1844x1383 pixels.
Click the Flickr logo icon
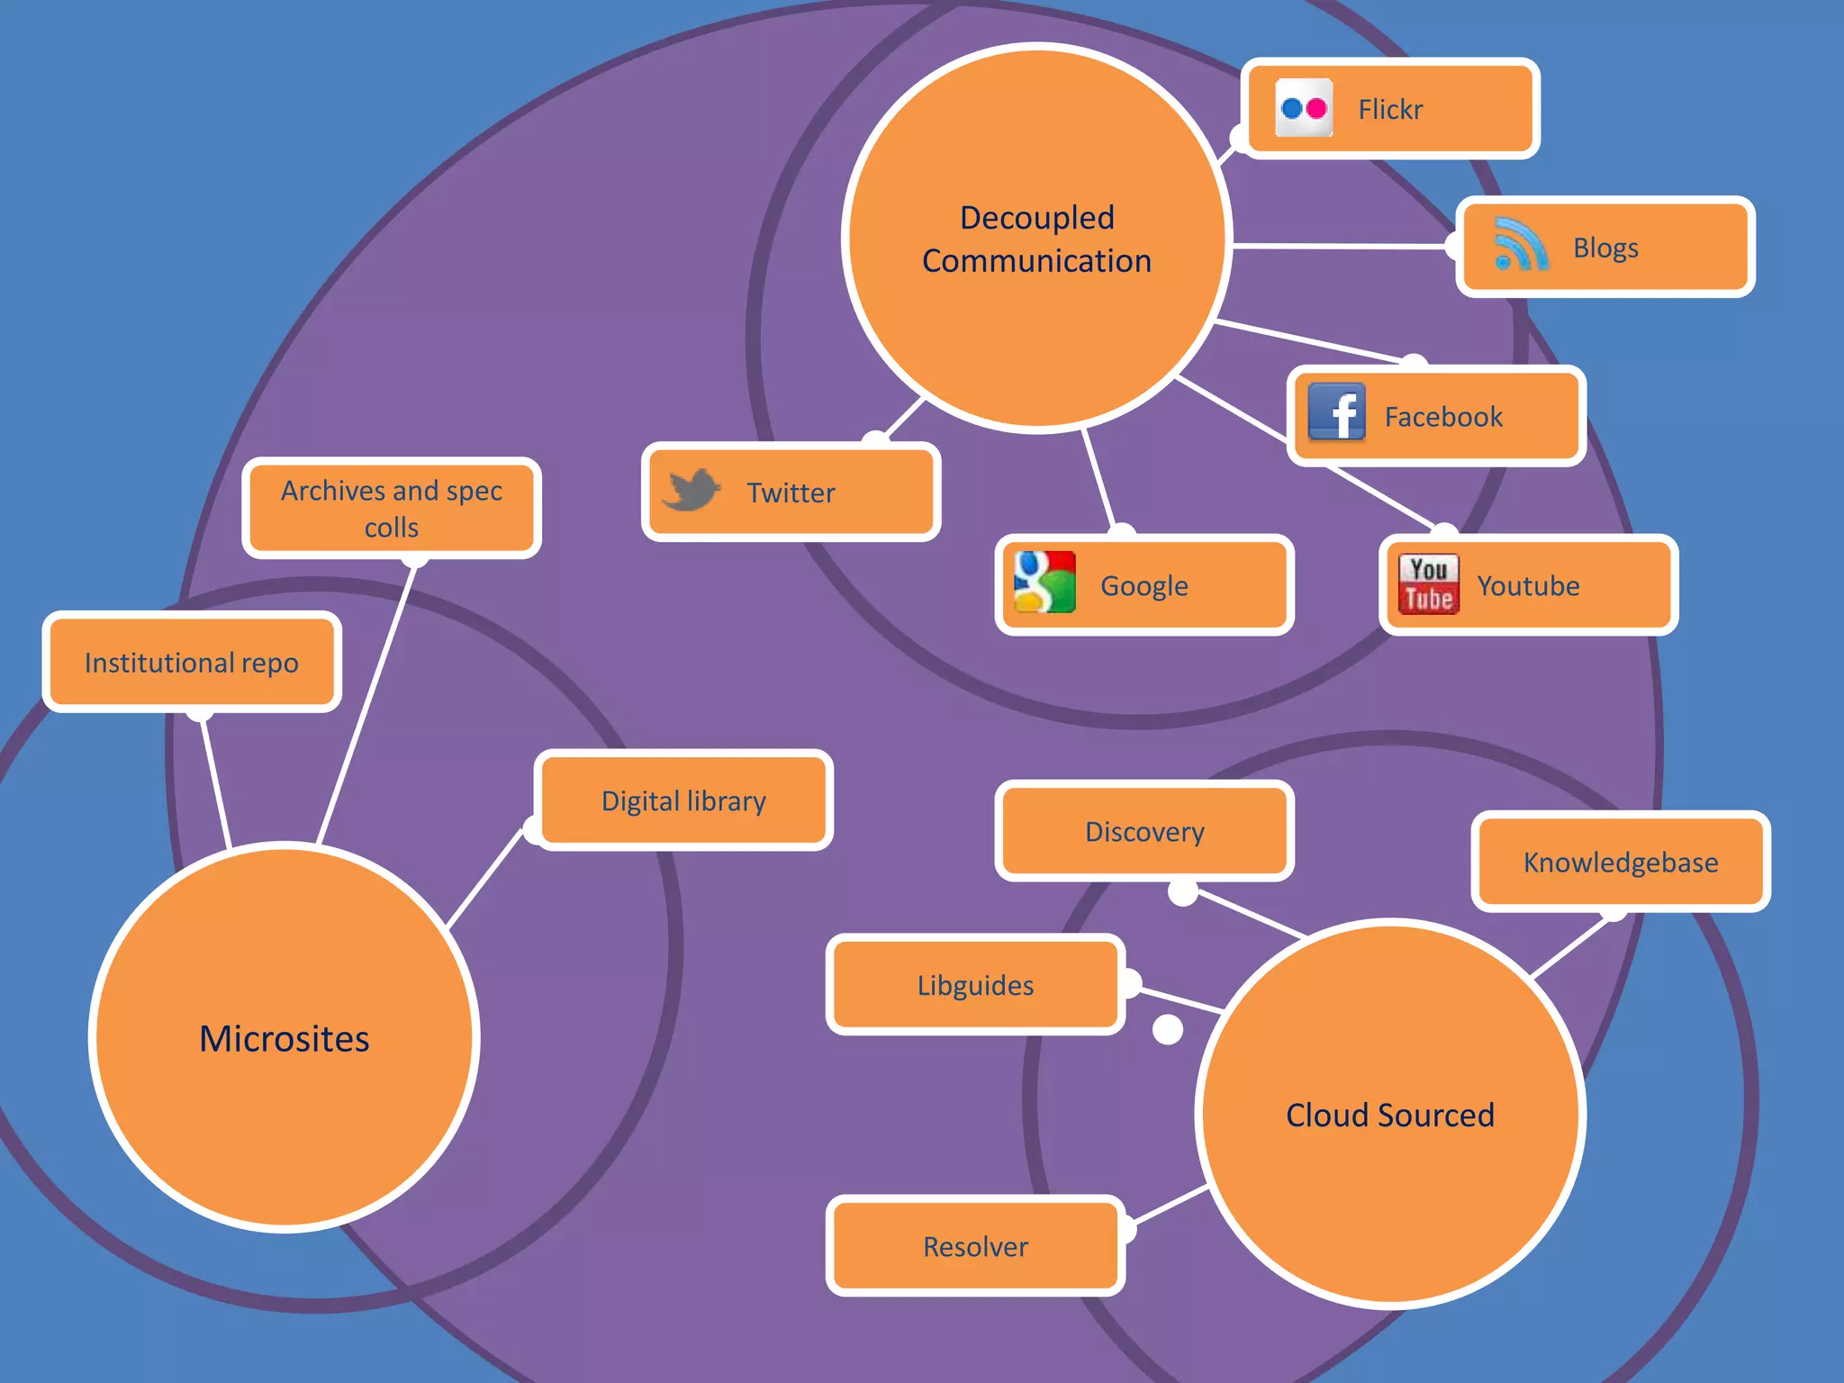(x=1304, y=108)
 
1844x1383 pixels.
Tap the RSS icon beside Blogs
(x=1521, y=245)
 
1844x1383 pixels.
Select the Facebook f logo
(x=1336, y=412)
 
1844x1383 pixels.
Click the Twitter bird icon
(x=691, y=490)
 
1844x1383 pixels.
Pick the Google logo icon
(x=1044, y=583)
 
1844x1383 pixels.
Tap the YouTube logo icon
(x=1428, y=583)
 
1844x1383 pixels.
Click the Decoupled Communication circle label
(x=1037, y=239)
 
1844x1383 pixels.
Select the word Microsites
(x=285, y=1038)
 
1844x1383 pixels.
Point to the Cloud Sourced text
(x=1389, y=1115)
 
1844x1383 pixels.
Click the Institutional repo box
(x=192, y=662)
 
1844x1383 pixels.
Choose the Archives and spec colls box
(x=392, y=508)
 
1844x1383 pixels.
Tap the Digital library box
(x=683, y=800)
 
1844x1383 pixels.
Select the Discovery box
(x=1144, y=831)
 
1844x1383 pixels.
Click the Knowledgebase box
(x=1620, y=862)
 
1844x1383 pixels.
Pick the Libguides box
(x=975, y=985)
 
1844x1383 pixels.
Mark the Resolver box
(x=975, y=1246)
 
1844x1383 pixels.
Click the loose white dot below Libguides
(x=1168, y=1029)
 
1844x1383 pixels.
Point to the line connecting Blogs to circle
(x=1342, y=245)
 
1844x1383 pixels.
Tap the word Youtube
(x=1528, y=585)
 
